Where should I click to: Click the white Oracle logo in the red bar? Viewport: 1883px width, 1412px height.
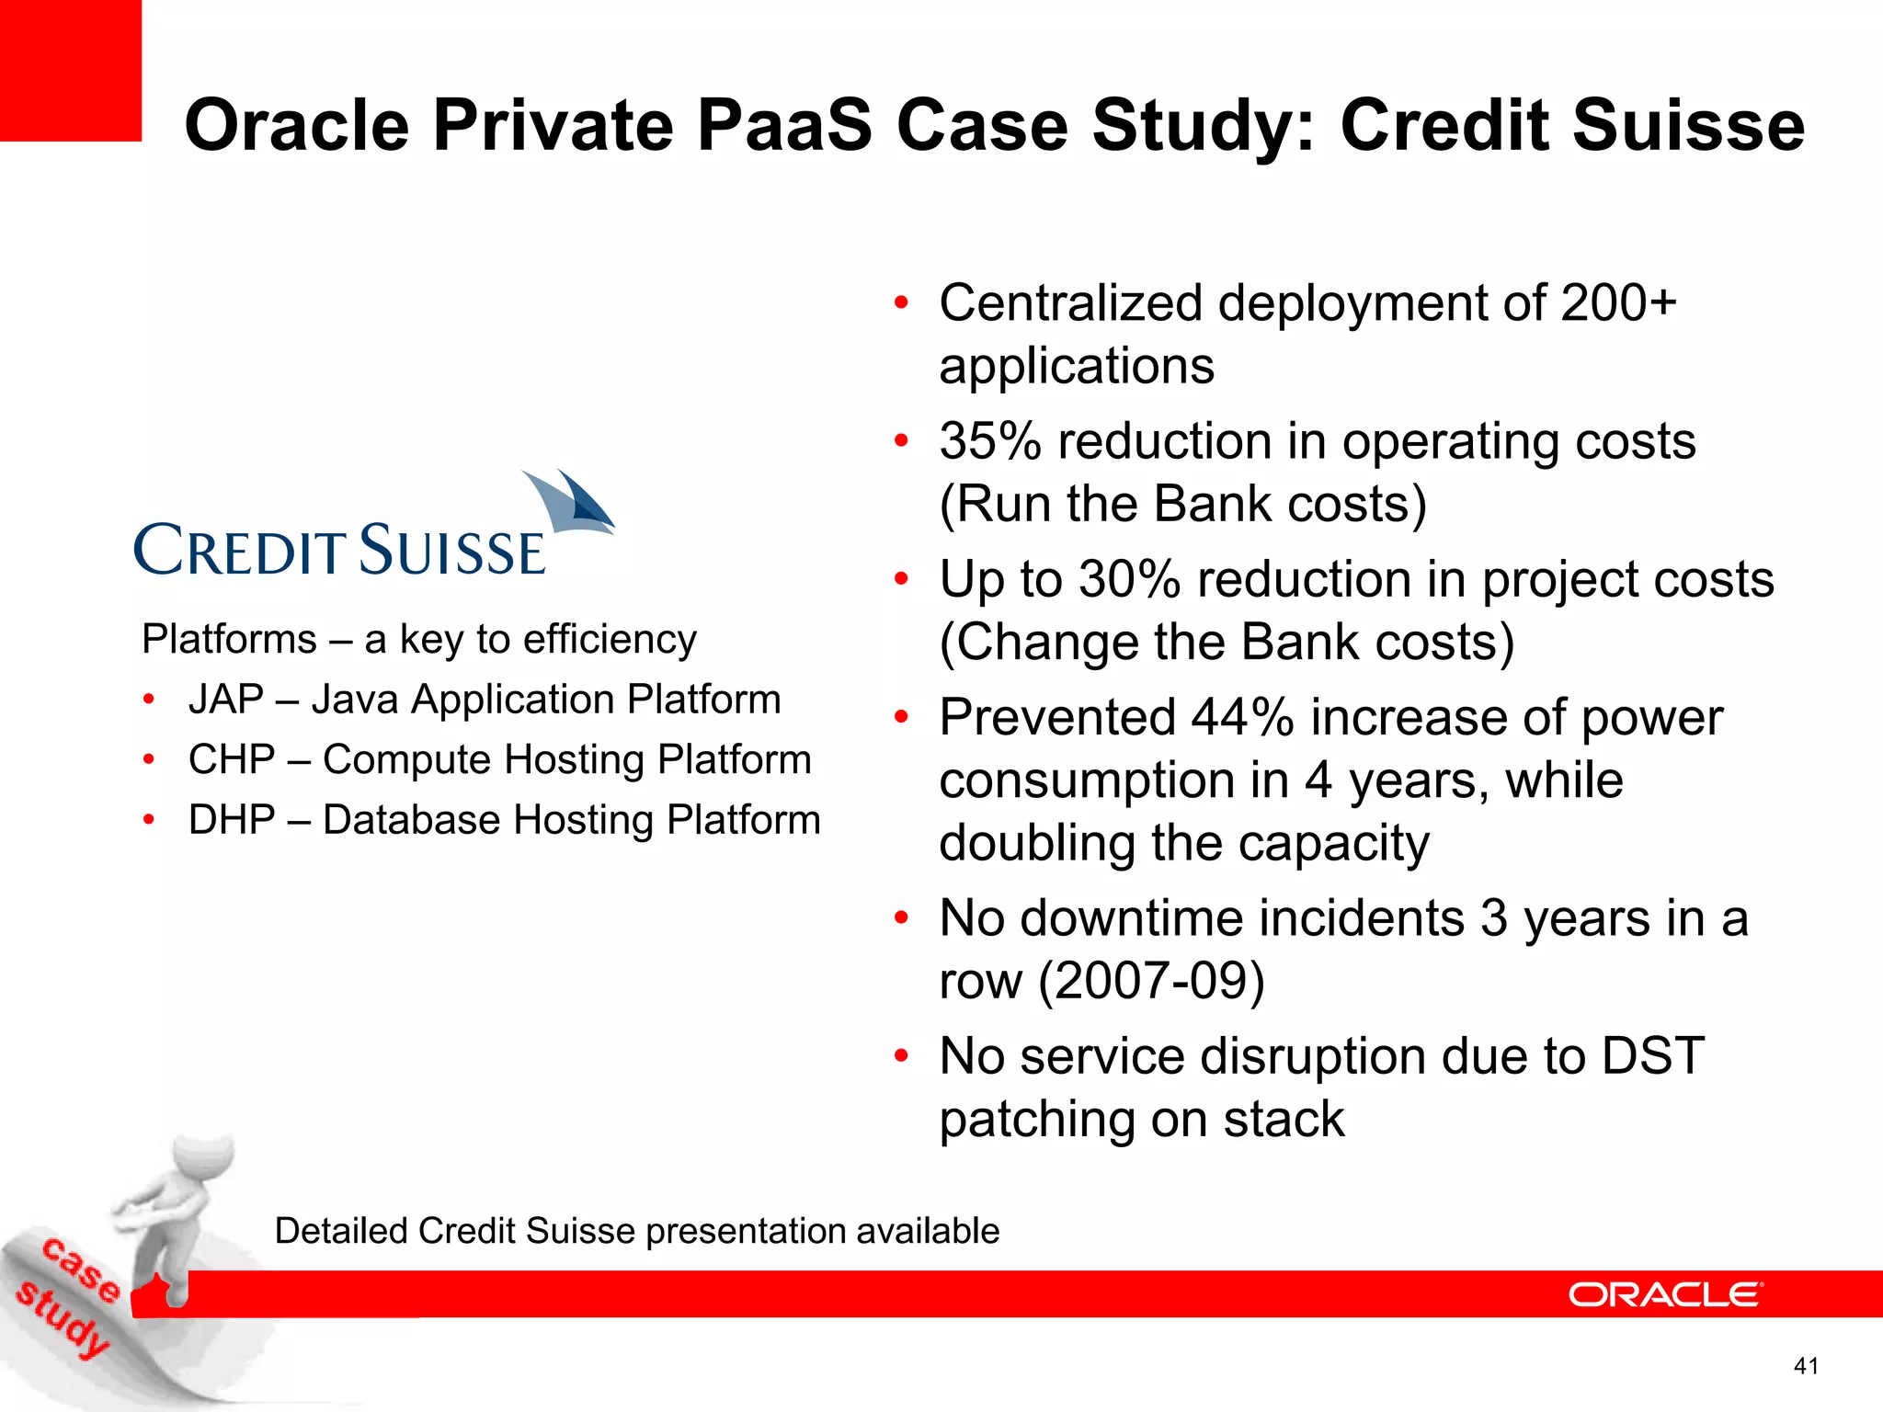tap(1665, 1294)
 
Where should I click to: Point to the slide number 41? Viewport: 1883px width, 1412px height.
tap(1806, 1366)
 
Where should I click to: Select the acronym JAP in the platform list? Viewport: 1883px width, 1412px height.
tap(226, 700)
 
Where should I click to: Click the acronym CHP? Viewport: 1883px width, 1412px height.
tap(232, 760)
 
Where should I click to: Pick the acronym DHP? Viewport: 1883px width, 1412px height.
tap(232, 820)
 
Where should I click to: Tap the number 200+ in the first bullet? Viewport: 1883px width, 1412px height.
tap(1618, 303)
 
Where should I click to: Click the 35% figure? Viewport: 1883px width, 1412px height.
tap(989, 441)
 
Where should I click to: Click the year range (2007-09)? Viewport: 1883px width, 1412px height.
tap(1151, 981)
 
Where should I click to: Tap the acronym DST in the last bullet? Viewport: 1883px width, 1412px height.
tap(1652, 1055)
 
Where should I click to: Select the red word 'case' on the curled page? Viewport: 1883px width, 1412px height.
tap(83, 1270)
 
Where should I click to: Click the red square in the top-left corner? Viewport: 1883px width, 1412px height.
tap(70, 70)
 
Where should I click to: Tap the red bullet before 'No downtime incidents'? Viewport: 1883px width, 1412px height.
tap(901, 917)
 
